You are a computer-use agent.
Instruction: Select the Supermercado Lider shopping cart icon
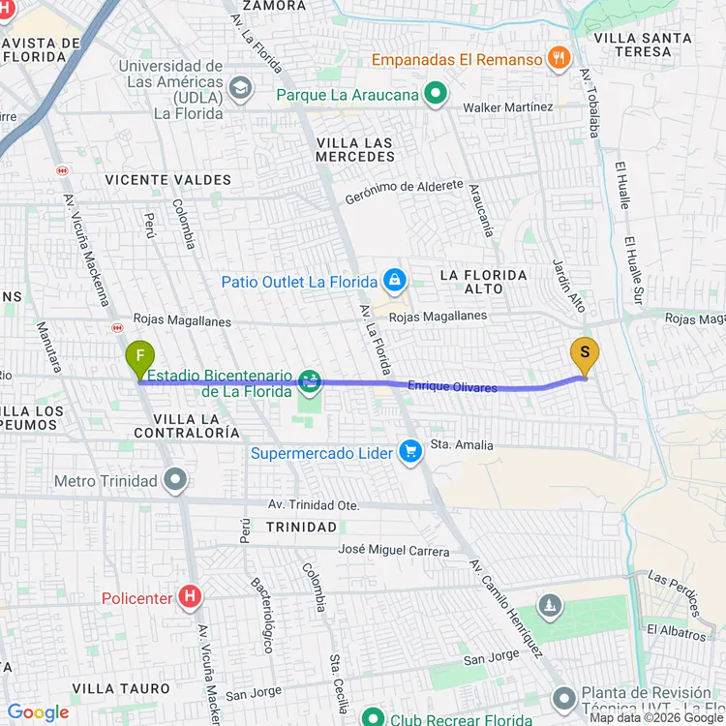click(x=410, y=452)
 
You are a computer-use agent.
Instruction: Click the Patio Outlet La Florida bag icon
click(x=393, y=282)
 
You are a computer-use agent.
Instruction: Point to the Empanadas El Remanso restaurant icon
click(x=559, y=59)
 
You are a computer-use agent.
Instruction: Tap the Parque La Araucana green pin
click(x=436, y=94)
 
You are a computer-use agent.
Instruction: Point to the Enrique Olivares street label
click(x=452, y=387)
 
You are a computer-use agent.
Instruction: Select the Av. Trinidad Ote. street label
click(x=314, y=505)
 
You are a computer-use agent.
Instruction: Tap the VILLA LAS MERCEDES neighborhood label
click(x=354, y=149)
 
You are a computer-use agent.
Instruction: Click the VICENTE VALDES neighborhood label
click(x=168, y=180)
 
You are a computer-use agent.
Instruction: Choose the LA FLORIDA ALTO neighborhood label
click(x=484, y=282)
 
